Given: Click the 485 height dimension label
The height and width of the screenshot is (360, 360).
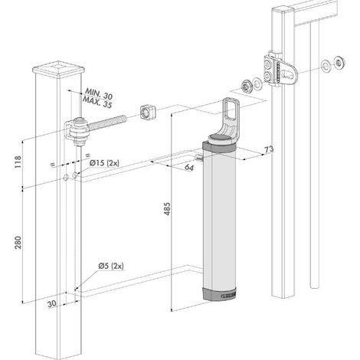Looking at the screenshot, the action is pyautogui.click(x=167, y=209).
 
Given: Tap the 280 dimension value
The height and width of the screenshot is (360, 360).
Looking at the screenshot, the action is pyautogui.click(x=18, y=243).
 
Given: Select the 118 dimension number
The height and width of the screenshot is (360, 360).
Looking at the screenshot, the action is pyautogui.click(x=18, y=162).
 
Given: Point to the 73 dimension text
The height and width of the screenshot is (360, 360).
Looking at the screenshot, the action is pyautogui.click(x=269, y=149).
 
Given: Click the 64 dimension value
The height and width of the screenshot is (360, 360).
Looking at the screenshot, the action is pyautogui.click(x=189, y=168).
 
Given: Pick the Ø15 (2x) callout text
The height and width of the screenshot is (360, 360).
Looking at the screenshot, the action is pyautogui.click(x=104, y=162).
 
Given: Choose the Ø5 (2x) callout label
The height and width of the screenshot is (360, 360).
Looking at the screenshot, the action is pyautogui.click(x=111, y=266).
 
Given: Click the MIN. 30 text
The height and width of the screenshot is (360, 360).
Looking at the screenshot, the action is pyautogui.click(x=99, y=93).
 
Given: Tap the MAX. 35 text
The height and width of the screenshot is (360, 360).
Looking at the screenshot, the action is pyautogui.click(x=97, y=102).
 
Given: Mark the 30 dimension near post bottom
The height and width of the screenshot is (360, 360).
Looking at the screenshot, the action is pyautogui.click(x=52, y=303).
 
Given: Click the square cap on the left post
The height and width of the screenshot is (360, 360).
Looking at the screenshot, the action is pyautogui.click(x=59, y=69).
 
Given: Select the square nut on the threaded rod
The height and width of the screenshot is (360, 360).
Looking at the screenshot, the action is pyautogui.click(x=148, y=111).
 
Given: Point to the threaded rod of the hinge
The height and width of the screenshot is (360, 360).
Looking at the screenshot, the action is pyautogui.click(x=107, y=122).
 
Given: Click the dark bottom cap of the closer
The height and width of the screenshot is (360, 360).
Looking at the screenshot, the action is pyautogui.click(x=219, y=294).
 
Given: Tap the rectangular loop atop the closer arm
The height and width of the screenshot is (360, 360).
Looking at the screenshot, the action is pyautogui.click(x=231, y=109).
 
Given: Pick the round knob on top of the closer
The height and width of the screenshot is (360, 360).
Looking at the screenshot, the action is pyautogui.click(x=220, y=139).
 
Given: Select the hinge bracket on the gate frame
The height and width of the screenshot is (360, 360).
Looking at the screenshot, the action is pyautogui.click(x=280, y=69).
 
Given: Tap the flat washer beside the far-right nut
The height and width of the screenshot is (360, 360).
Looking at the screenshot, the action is pyautogui.click(x=326, y=65).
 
